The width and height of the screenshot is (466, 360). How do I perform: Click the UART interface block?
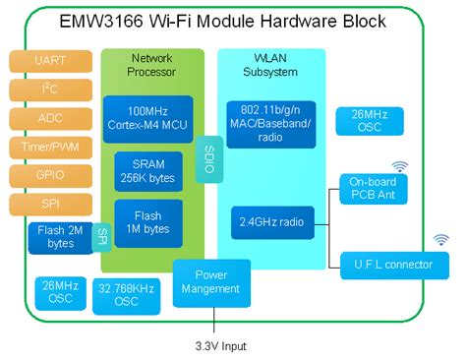[51, 61]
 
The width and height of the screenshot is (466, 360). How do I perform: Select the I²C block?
[51, 90]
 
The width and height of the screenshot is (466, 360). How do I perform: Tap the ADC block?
[51, 118]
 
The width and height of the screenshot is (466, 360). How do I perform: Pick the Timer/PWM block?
[51, 148]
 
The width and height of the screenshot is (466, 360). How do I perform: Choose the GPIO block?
[51, 176]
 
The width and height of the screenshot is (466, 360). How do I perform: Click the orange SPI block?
[51, 205]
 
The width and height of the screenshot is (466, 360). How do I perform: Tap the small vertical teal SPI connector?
[101, 238]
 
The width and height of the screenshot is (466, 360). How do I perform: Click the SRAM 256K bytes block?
[147, 170]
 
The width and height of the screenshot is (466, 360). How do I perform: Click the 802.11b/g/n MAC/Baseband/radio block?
[270, 120]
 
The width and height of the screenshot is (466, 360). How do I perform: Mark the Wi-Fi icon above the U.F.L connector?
[441, 239]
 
